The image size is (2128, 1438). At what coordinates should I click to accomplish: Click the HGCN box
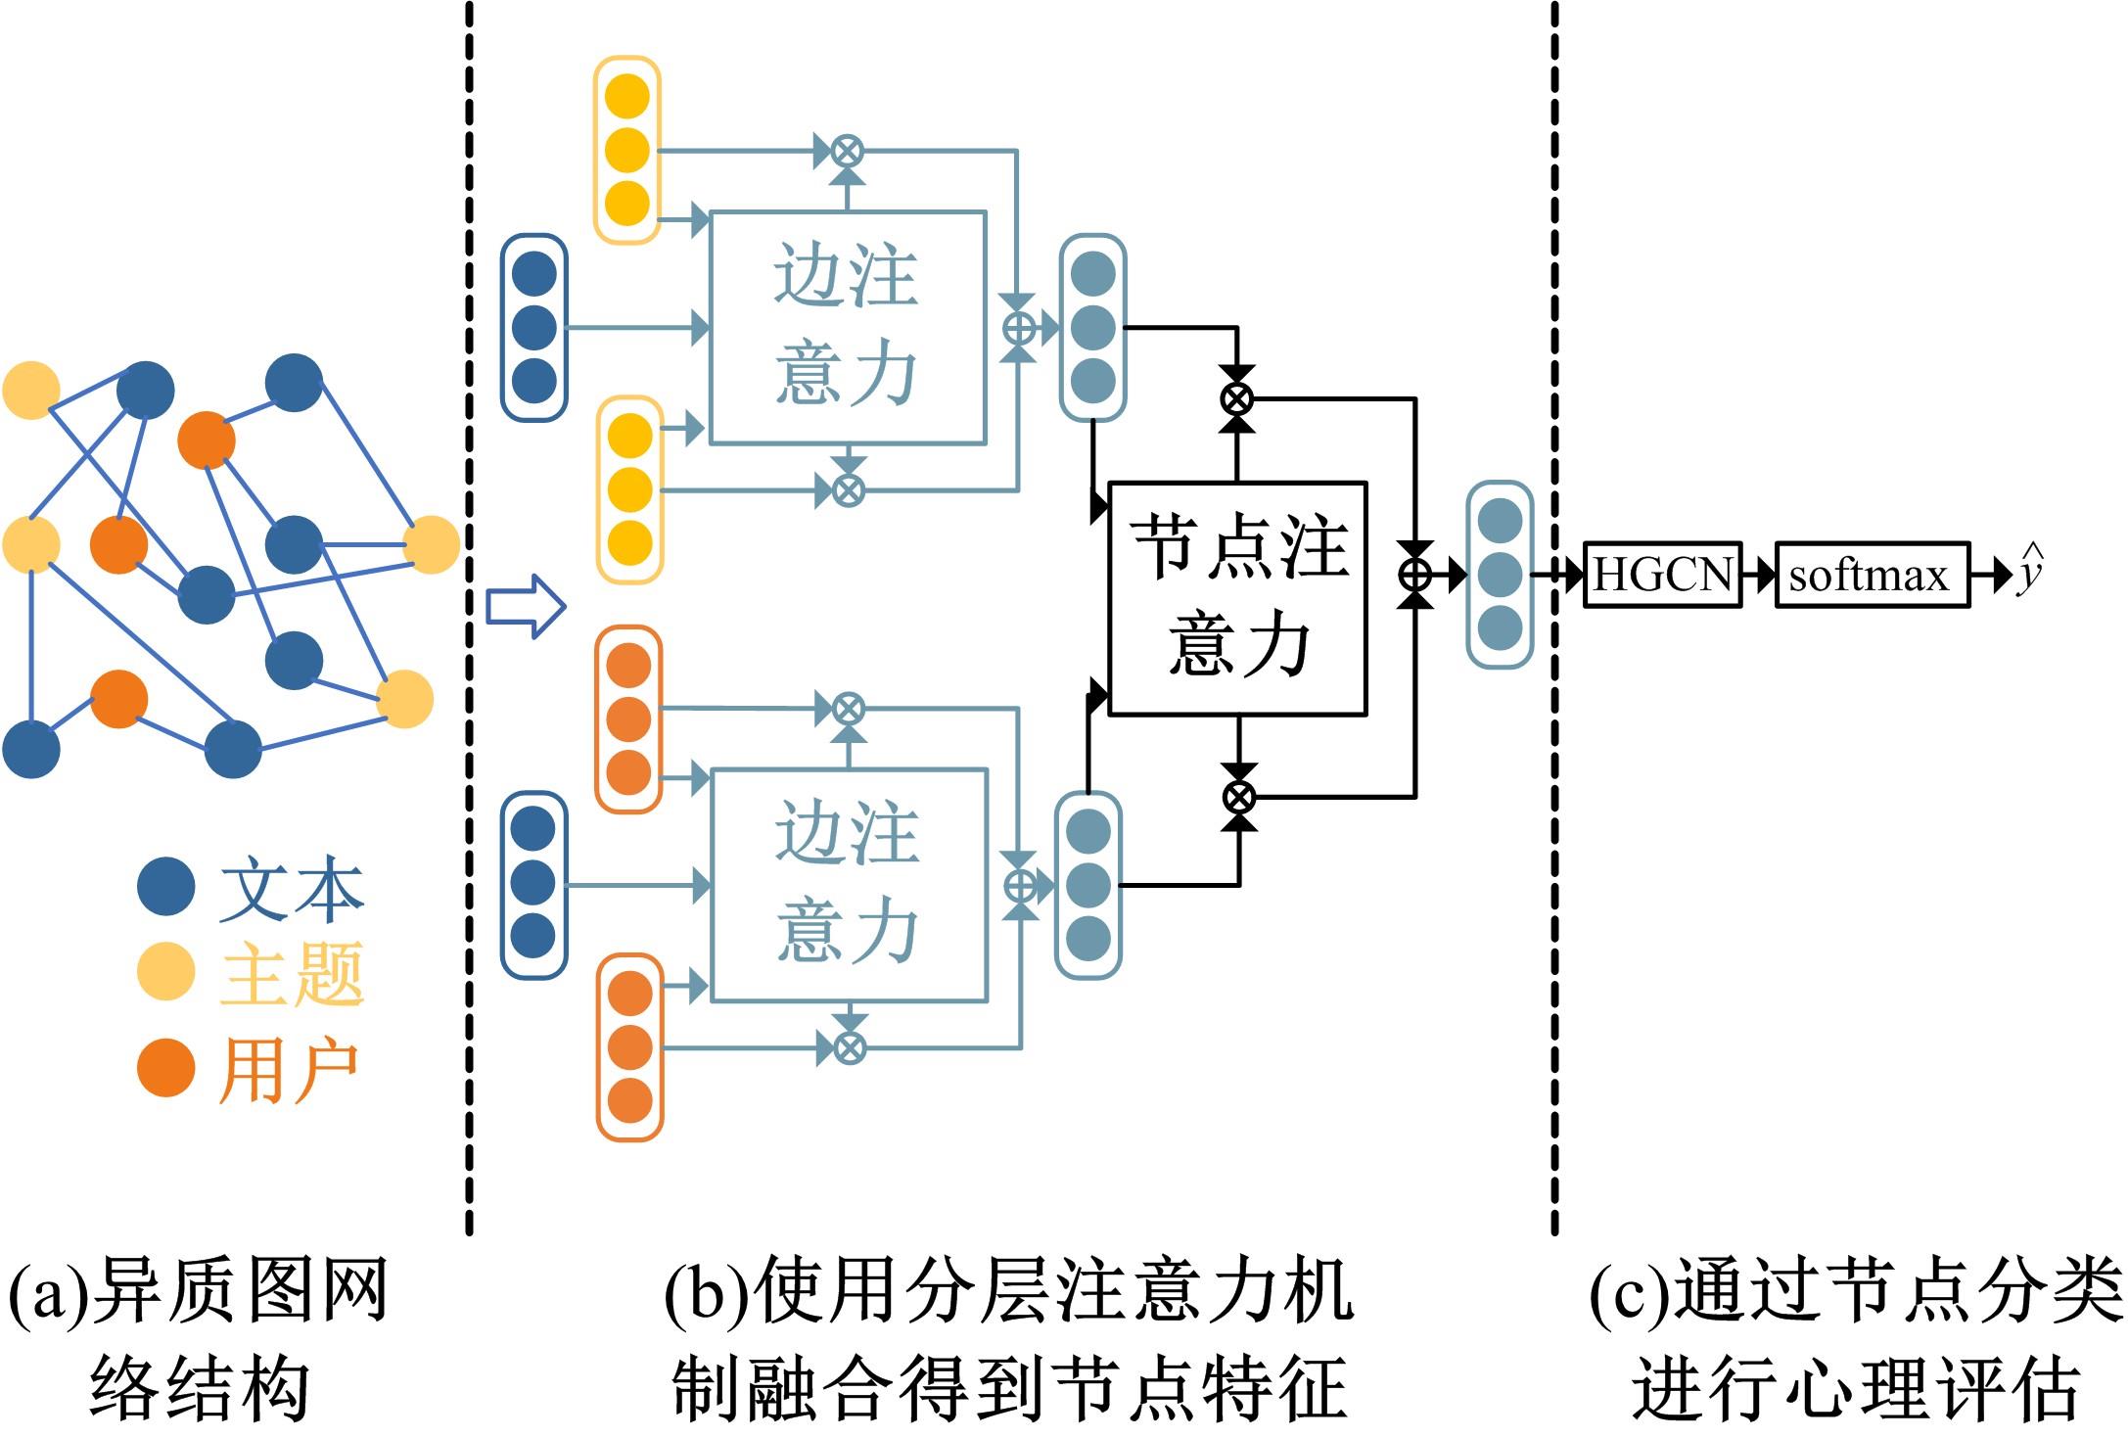click(1662, 575)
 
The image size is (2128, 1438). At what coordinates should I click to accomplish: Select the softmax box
click(1872, 575)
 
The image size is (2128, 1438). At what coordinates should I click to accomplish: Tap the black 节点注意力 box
click(1237, 598)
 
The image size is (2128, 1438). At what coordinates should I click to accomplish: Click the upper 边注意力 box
click(847, 327)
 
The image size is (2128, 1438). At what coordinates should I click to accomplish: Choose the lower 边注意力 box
click(849, 885)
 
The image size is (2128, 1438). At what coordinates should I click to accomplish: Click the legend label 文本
click(291, 889)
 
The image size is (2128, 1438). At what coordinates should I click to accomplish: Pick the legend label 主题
click(291, 974)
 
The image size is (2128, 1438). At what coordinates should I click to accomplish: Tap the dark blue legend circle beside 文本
click(165, 887)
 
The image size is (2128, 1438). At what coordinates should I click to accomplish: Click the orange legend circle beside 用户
click(165, 1067)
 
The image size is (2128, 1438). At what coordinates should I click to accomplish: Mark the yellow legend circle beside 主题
click(165, 972)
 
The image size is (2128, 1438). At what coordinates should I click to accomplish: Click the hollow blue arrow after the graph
click(526, 607)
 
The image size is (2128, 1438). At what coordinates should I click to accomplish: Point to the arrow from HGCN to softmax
click(1759, 575)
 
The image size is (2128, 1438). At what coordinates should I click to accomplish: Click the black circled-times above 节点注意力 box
click(1237, 398)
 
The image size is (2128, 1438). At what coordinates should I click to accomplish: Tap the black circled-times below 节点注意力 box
click(1239, 797)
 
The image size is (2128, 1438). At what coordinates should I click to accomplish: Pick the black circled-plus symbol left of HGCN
click(1415, 575)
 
